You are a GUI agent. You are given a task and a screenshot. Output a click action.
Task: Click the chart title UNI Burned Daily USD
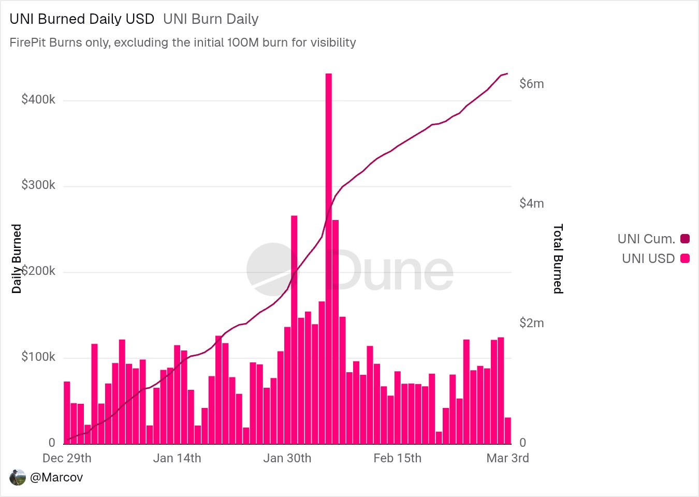[x=82, y=19]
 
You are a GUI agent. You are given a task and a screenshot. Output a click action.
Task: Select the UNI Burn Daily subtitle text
[x=211, y=19]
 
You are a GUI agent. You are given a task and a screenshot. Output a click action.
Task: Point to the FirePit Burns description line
[x=182, y=42]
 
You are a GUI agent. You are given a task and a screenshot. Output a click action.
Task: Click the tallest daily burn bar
[x=328, y=259]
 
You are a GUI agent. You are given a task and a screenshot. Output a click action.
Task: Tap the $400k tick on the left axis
[x=38, y=99]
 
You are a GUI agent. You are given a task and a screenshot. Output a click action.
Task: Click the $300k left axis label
[x=38, y=185]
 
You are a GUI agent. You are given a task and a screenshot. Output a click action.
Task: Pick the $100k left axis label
[x=38, y=357]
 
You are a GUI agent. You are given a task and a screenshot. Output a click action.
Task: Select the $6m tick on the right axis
[x=532, y=84]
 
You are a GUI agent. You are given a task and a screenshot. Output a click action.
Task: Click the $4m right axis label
[x=532, y=203]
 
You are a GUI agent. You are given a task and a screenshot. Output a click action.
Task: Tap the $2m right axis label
[x=532, y=323]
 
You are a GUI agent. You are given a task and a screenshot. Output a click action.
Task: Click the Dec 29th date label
[x=67, y=458]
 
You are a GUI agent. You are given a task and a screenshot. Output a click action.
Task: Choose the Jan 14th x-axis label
[x=177, y=458]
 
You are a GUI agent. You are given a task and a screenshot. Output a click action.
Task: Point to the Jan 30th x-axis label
[x=287, y=458]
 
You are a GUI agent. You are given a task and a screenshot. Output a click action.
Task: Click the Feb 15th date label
[x=398, y=458]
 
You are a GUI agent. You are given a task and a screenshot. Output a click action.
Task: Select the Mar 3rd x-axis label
[x=507, y=458]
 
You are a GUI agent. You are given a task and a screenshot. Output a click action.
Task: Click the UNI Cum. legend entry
[x=653, y=239]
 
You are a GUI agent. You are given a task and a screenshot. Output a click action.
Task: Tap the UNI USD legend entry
[x=655, y=258]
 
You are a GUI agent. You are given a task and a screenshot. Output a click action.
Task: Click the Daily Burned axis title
[x=17, y=259]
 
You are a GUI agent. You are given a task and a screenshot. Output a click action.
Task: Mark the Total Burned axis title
[x=558, y=259]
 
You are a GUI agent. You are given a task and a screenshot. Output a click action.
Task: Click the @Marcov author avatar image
[x=18, y=477]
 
